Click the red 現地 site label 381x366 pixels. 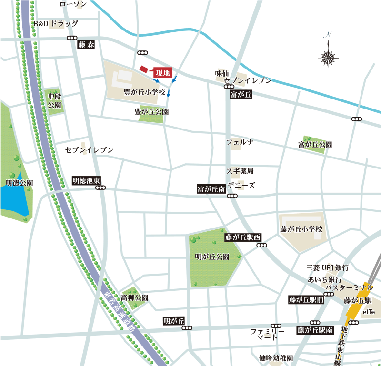pos(162,73)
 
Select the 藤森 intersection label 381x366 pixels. pos(86,45)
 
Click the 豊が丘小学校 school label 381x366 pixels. pos(144,91)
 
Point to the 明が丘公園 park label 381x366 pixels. pos(212,257)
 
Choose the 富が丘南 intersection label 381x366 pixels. pos(211,189)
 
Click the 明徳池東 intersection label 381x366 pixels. pos(86,181)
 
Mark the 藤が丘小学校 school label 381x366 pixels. pos(301,229)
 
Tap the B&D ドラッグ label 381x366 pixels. pos(55,23)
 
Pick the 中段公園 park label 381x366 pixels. pos(55,100)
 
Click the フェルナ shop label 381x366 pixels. pos(240,142)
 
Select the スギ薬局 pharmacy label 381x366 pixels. pos(240,171)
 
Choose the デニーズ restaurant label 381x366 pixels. pos(241,185)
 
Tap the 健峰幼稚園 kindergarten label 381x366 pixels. pos(276,357)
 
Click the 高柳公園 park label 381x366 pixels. pos(134,297)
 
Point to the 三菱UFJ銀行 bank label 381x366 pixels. pos(328,268)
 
